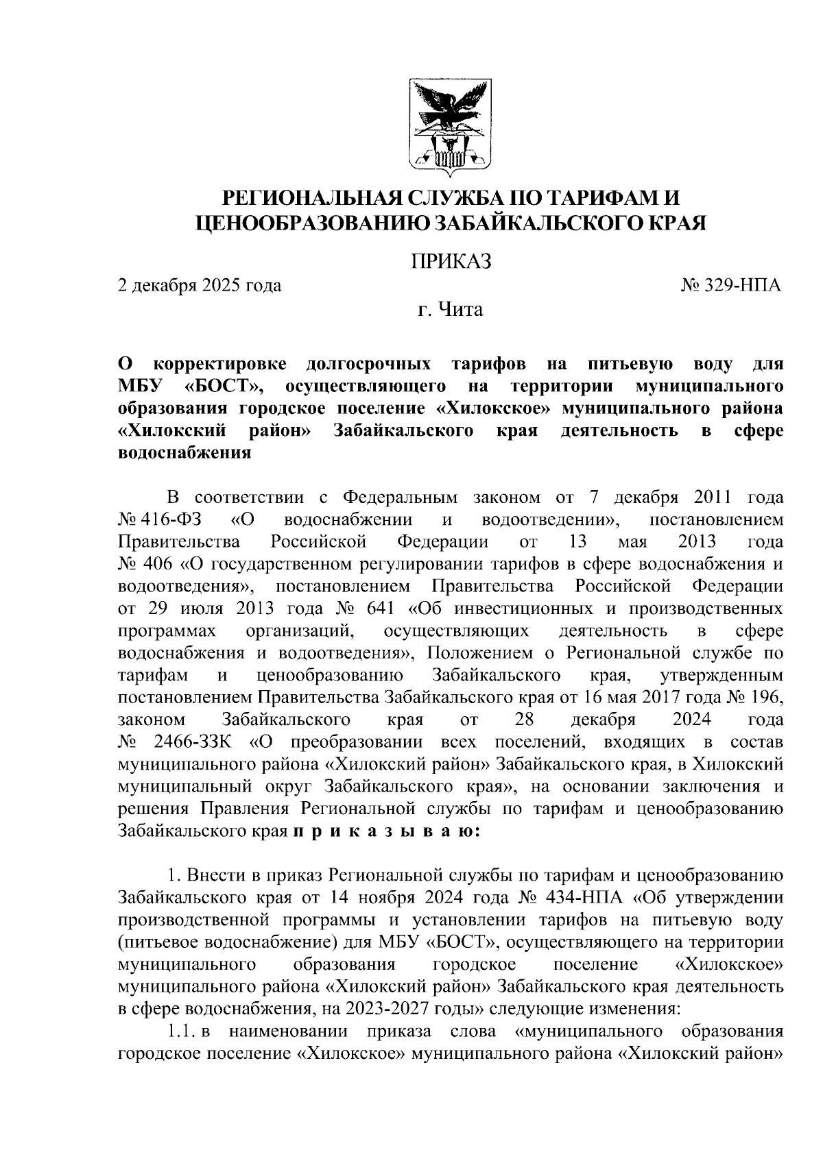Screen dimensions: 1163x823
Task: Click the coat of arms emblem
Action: coord(451,124)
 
